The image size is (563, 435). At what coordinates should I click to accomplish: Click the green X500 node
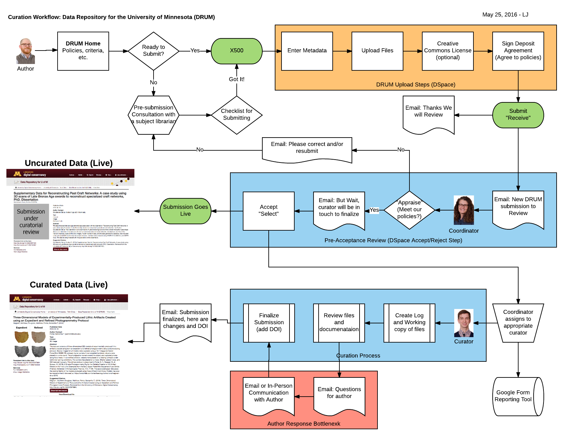pos(237,51)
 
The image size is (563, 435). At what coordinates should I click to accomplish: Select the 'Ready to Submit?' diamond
pos(154,51)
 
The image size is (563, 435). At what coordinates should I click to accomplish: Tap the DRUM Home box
pos(83,51)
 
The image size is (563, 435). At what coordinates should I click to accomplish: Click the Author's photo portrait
pos(26,51)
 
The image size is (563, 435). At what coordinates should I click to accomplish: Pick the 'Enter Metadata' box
pos(307,51)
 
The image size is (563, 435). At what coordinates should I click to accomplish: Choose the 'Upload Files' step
pos(377,51)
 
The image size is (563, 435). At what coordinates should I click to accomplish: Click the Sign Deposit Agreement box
pos(518,51)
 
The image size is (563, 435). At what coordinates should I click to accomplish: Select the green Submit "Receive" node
pos(518,115)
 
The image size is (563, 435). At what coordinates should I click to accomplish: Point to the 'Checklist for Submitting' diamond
pos(237,115)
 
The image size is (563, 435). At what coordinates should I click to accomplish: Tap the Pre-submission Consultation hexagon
pos(154,115)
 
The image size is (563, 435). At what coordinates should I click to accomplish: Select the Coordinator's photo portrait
pos(464,210)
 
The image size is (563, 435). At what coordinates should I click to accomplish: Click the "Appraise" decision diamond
pos(409,210)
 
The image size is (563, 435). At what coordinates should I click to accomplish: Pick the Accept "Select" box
pos(269,211)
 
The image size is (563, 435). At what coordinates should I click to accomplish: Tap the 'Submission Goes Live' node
pos(186,211)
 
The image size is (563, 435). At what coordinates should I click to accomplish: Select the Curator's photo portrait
pos(464,323)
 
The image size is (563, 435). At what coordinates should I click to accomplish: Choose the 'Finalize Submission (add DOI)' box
pos(269,323)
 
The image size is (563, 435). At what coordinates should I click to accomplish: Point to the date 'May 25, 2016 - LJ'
pos(505,15)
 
